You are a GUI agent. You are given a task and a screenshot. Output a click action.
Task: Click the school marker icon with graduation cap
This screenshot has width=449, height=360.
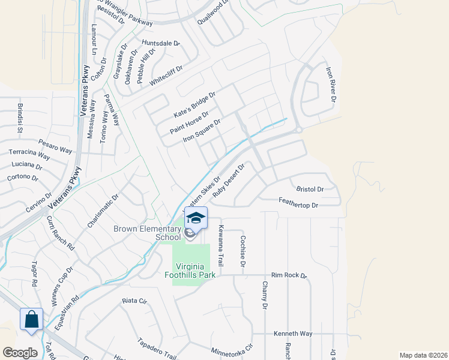point(196,217)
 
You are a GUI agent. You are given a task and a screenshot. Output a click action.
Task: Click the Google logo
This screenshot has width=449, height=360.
point(20,352)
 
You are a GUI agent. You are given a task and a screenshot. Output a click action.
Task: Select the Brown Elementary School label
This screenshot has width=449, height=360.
point(147,233)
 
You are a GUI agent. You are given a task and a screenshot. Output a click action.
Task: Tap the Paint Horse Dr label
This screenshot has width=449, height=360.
point(188,122)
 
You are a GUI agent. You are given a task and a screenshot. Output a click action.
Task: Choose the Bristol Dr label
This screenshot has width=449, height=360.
point(310,189)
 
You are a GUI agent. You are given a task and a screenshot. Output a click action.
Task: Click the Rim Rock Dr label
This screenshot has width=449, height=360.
point(289,275)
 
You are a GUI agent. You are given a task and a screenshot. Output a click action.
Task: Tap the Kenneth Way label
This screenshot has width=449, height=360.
point(293,333)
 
